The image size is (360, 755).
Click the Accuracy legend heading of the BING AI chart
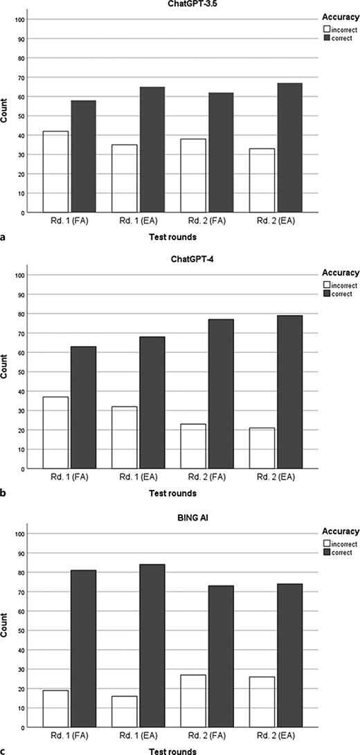point(341,531)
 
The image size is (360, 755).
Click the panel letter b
point(5,494)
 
